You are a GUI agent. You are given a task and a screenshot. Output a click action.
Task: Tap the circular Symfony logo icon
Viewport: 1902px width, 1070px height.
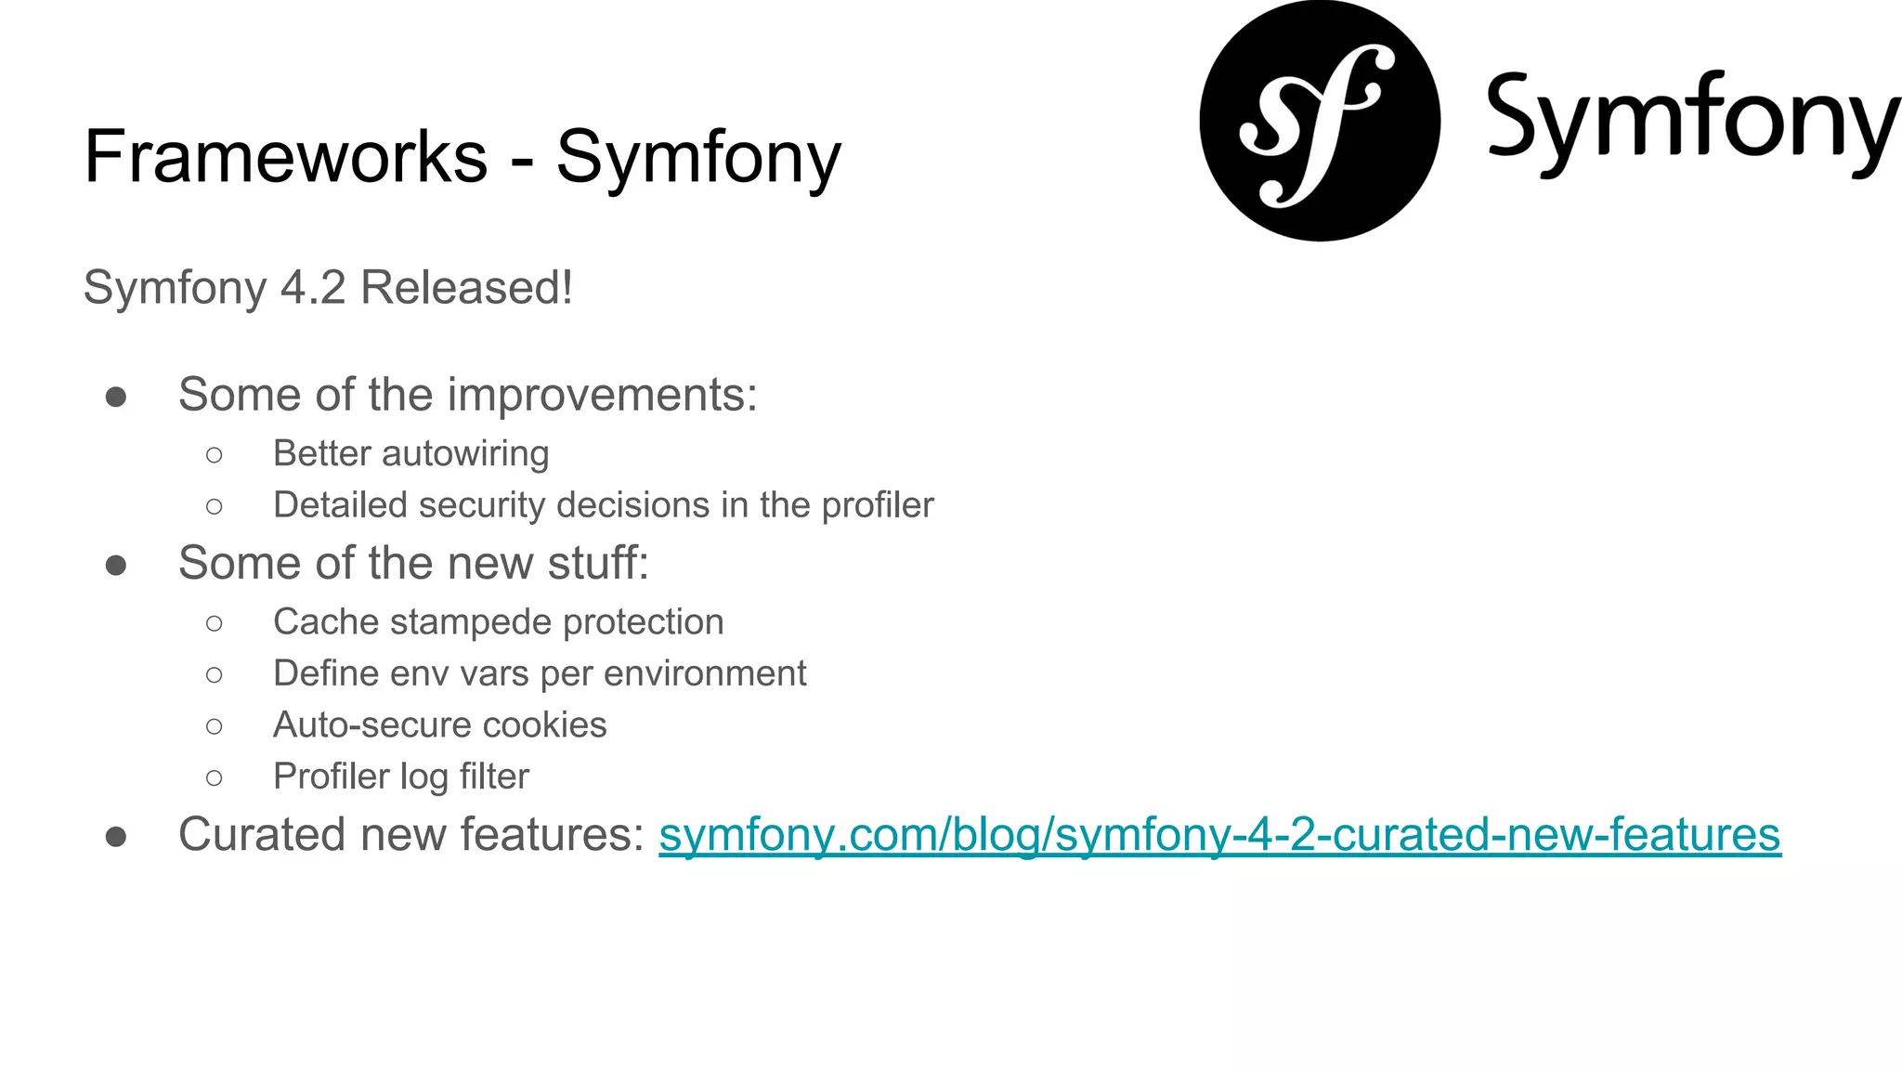coord(1320,121)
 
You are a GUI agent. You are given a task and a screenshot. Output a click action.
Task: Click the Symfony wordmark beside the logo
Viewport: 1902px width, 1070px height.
coord(1692,121)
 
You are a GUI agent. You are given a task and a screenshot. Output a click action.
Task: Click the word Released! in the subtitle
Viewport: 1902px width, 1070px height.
coord(466,287)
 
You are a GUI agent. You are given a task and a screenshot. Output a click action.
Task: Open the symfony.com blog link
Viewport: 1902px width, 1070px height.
coord(1219,834)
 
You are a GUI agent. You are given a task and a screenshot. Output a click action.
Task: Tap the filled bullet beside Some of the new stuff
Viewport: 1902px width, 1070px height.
coord(116,565)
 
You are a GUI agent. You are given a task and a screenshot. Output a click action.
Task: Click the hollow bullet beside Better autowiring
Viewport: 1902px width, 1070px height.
coord(215,455)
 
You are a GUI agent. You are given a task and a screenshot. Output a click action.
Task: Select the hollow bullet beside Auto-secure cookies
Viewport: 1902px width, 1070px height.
coord(215,726)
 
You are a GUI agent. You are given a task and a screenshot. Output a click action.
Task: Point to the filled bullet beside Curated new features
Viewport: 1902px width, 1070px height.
coord(116,836)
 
